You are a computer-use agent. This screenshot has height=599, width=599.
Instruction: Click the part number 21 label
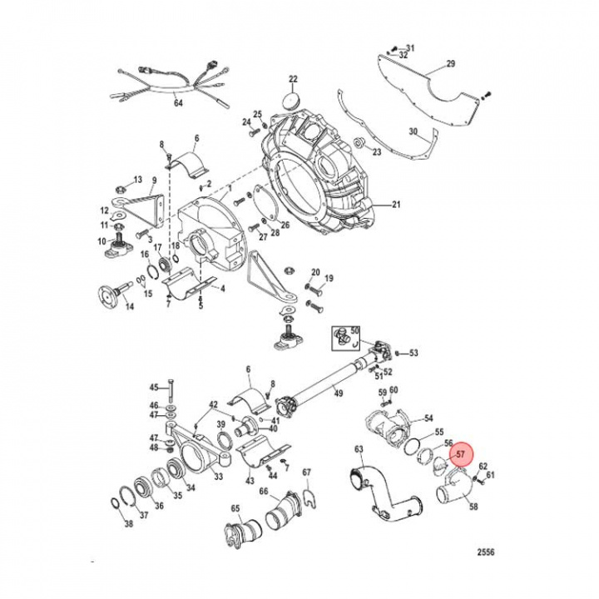pos(397,204)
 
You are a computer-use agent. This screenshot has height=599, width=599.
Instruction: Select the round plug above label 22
pos(292,100)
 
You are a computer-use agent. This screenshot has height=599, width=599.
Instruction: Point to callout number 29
pos(451,64)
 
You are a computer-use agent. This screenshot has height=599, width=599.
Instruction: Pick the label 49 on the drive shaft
pos(339,393)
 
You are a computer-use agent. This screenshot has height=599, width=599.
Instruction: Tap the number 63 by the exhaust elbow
pos(359,450)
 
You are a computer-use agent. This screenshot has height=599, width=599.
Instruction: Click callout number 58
pos(474,505)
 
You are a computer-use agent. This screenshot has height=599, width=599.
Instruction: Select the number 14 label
pos(129,307)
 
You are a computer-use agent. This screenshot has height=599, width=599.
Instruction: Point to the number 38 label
pos(128,524)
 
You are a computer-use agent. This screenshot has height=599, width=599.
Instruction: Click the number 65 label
pos(235,508)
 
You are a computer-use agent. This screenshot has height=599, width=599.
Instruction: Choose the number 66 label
pos(264,492)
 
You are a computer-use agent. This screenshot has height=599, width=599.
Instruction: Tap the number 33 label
pos(218,477)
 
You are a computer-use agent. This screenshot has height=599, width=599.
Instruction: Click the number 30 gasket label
pos(413,131)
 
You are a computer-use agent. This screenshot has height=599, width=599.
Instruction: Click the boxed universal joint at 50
pos(345,335)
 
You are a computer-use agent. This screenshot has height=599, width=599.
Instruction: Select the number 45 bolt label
pos(153,387)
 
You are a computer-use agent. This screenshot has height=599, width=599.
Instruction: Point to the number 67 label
pos(306,473)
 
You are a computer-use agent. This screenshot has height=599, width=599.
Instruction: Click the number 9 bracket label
pos(154,180)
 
